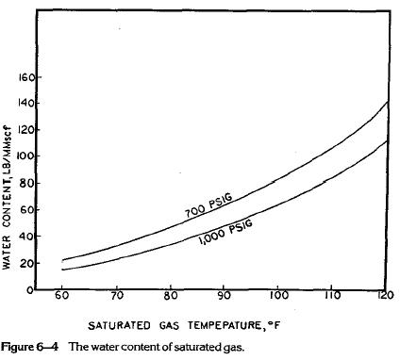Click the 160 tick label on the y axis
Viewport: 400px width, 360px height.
pos(28,76)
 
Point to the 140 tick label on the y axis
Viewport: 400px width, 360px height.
pos(28,103)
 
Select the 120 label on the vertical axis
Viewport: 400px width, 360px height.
pos(28,130)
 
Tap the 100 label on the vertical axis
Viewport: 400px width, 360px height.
pos(28,156)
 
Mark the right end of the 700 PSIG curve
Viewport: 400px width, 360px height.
pos(387,101)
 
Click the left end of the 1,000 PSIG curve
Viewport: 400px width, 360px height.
pos(61,270)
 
